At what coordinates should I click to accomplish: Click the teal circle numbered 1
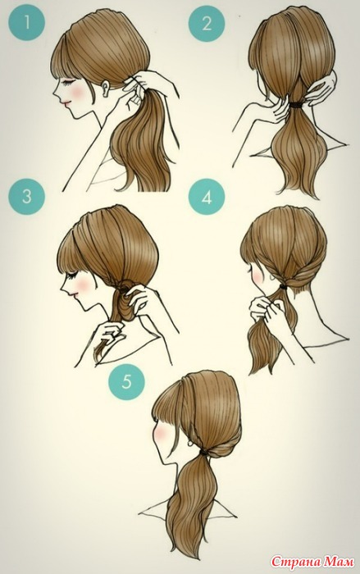[27, 24]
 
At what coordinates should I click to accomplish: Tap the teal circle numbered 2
[207, 24]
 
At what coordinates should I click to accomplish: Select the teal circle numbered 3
[27, 197]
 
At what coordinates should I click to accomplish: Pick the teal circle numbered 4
[207, 198]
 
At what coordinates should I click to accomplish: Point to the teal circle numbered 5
[126, 381]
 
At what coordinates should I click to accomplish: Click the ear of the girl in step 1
[107, 89]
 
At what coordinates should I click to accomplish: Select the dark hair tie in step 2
[299, 104]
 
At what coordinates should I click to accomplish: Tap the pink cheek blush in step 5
[162, 434]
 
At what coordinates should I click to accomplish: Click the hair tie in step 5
[203, 454]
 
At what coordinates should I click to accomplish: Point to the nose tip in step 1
[55, 94]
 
